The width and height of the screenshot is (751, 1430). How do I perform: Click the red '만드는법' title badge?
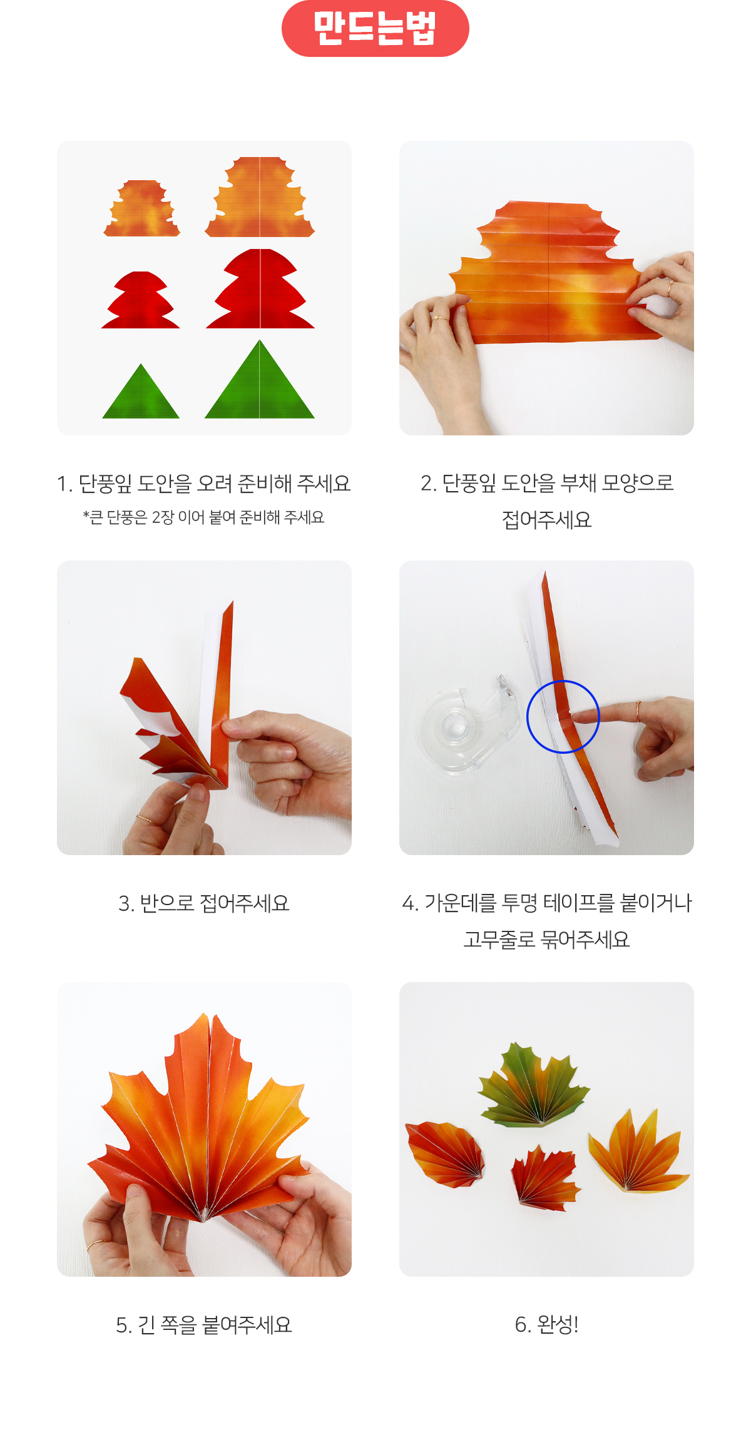375,29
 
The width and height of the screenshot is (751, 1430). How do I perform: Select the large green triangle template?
260,380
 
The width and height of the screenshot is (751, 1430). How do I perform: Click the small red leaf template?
141,300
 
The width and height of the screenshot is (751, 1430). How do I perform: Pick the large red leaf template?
260,289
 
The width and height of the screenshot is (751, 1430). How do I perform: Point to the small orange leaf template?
142,208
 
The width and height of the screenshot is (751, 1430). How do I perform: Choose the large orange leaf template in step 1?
260,197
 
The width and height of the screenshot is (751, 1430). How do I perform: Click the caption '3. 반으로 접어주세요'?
204,903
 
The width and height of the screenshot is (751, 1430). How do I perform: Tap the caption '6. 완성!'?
546,1324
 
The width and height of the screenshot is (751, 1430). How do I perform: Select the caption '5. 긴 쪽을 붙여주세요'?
204,1325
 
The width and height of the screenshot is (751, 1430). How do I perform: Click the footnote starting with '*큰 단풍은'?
204,517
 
